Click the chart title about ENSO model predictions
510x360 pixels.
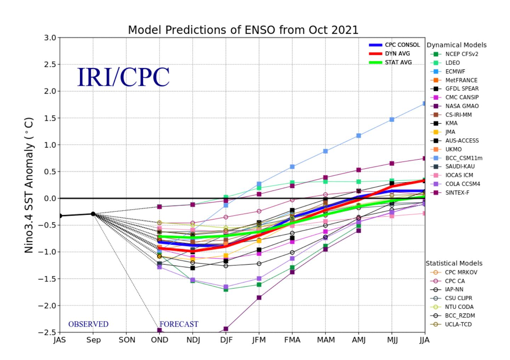tap(243, 30)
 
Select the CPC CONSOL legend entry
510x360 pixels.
tap(394, 45)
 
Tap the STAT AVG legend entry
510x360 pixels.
tap(390, 62)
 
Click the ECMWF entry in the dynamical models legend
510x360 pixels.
tap(448, 72)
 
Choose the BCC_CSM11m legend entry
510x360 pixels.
tap(456, 158)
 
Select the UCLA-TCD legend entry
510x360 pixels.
tap(451, 324)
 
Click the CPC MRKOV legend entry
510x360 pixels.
tap(454, 272)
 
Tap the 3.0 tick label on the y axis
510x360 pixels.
tap(50, 38)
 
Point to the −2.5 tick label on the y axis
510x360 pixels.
tap(47, 332)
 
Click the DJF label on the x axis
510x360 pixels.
tap(226, 340)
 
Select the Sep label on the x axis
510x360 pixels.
tap(93, 340)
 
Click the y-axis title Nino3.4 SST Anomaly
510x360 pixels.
tap(29, 185)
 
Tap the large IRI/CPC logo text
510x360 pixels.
tap(123, 77)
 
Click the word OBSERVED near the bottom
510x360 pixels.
tap(88, 324)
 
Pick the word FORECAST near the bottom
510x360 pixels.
tap(179, 324)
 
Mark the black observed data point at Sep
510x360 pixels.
tap(93, 214)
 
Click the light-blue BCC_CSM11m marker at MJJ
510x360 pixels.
tap(392, 119)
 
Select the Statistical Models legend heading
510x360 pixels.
tap(454, 263)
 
